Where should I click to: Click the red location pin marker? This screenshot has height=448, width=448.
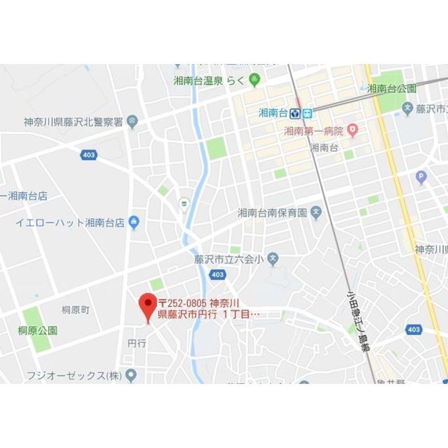click(147, 305)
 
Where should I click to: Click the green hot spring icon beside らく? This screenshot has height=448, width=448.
click(254, 81)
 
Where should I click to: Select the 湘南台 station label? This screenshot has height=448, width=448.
click(273, 113)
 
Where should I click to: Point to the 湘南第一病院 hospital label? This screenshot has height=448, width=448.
click(314, 131)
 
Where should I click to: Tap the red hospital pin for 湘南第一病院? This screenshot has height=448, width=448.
click(353, 130)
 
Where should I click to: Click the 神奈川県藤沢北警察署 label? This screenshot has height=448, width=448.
click(73, 122)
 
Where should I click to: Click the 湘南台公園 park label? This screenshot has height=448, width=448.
click(392, 89)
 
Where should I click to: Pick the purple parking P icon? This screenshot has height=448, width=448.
click(421, 177)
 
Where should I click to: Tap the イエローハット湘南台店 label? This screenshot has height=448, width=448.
click(70, 223)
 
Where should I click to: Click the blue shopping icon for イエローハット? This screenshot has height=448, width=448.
click(134, 222)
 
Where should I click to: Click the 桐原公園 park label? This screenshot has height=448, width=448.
click(38, 331)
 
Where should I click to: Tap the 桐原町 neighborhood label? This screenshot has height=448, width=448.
click(76, 310)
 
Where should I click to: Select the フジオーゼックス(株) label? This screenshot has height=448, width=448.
click(74, 375)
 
